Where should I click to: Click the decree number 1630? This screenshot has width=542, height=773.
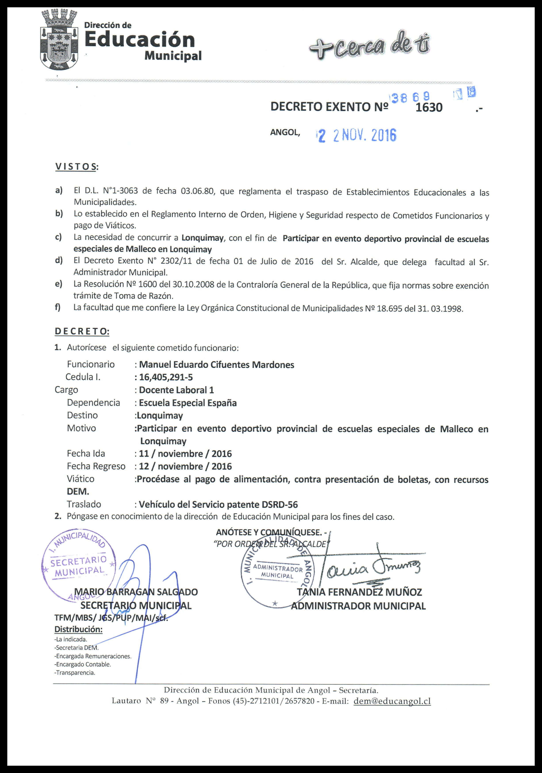429,107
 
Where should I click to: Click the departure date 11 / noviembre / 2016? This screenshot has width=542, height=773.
185,454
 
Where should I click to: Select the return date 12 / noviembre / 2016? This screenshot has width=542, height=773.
185,466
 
